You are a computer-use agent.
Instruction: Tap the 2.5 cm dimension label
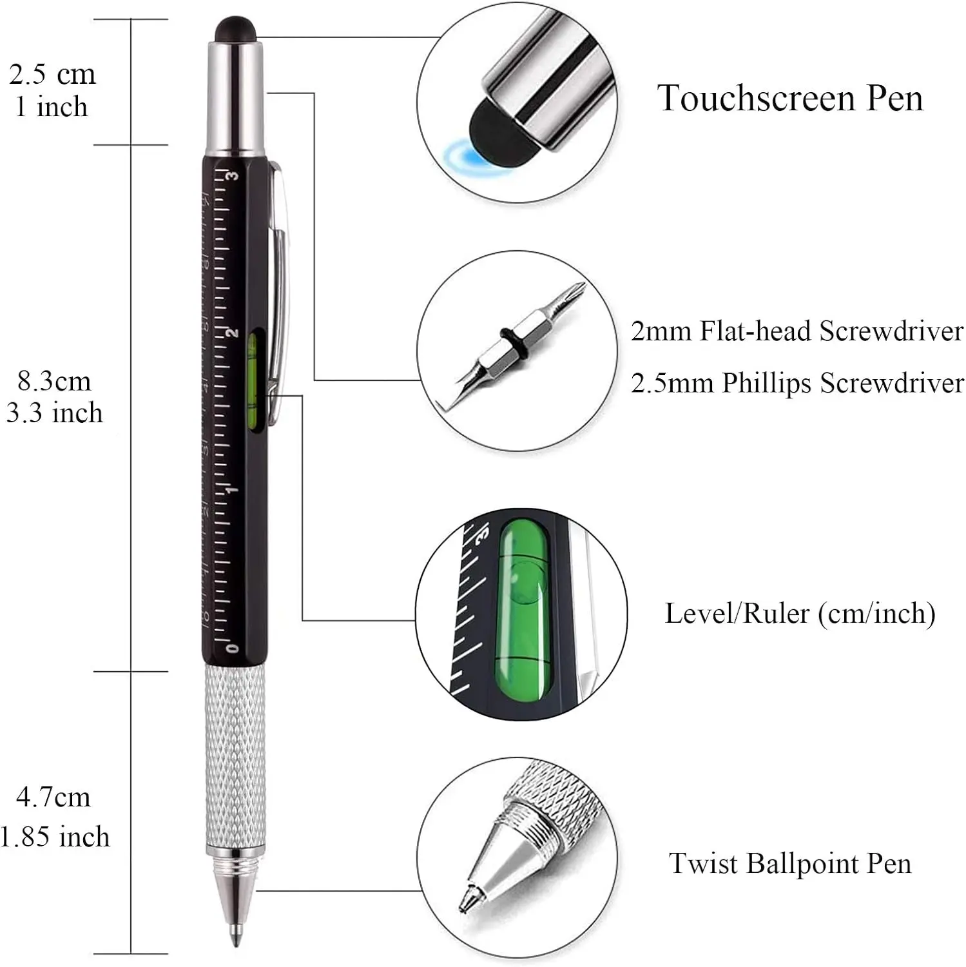(52, 75)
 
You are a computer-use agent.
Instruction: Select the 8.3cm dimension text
(54, 381)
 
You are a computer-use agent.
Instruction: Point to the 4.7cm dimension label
(53, 797)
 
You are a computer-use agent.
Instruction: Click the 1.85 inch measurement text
(55, 837)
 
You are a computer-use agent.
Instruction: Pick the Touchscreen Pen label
(790, 99)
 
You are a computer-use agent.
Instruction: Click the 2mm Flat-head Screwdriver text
(797, 331)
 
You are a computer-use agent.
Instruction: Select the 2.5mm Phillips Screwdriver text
(797, 383)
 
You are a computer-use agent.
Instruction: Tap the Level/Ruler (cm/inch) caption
(800, 613)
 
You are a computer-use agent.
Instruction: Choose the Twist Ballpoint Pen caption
(790, 863)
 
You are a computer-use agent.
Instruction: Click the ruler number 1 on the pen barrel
(233, 490)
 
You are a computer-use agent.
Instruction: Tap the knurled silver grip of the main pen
(235, 754)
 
